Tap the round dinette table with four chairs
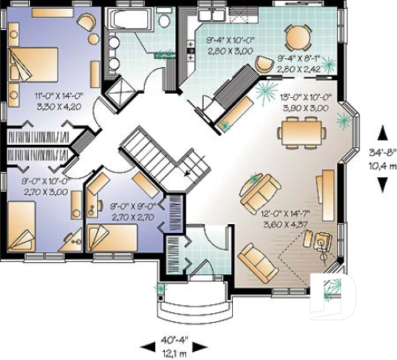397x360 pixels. coord(298,36)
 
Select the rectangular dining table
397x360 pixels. coord(303,129)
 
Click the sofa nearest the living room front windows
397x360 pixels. coord(257,259)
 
